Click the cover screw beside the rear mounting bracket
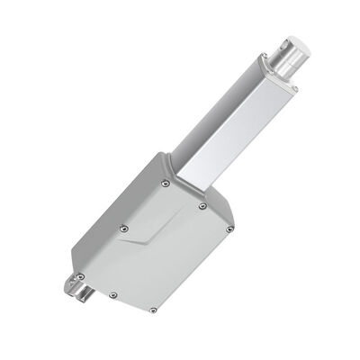(x=81, y=275)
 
